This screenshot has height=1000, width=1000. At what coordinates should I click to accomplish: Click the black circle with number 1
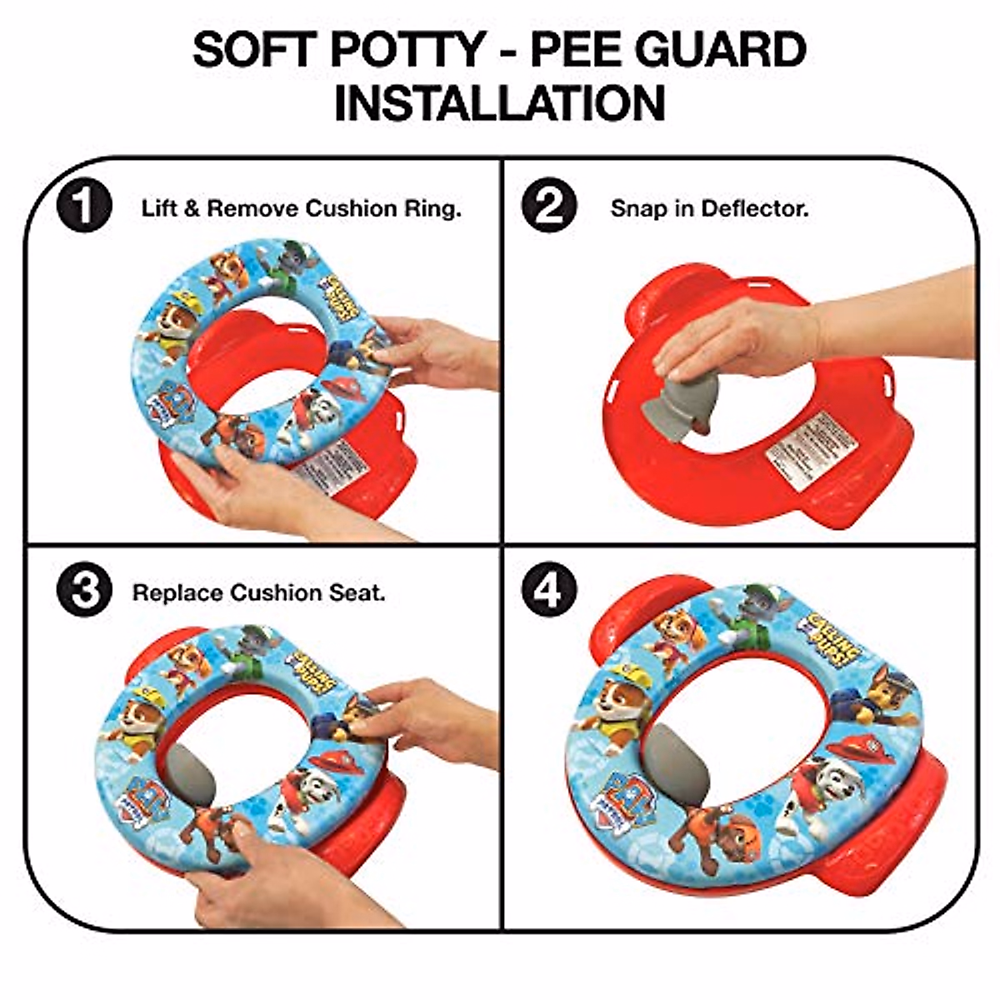pos(83,207)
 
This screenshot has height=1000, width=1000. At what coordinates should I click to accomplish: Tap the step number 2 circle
pos(548,207)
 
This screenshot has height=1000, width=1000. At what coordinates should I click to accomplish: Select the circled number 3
pos(83,592)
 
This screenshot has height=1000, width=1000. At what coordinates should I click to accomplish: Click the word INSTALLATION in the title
pos(500,103)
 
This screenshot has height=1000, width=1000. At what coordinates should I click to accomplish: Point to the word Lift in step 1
pos(159,208)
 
